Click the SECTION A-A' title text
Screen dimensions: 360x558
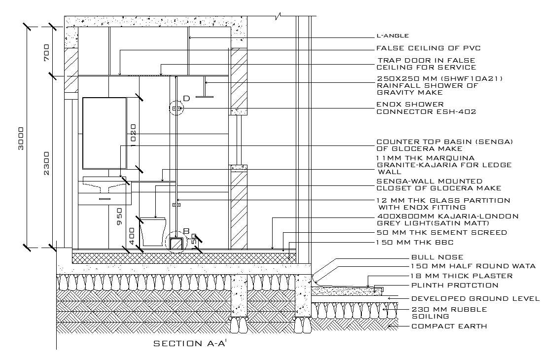click(x=190, y=343)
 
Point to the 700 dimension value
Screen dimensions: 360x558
click(x=47, y=51)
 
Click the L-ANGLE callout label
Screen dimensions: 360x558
click(x=392, y=36)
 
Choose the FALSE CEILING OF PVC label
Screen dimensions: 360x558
click(x=428, y=48)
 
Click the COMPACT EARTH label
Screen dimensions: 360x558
click(x=449, y=326)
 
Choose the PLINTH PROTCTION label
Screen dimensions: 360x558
click(x=454, y=285)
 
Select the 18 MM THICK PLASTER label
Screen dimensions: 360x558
click(x=462, y=276)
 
